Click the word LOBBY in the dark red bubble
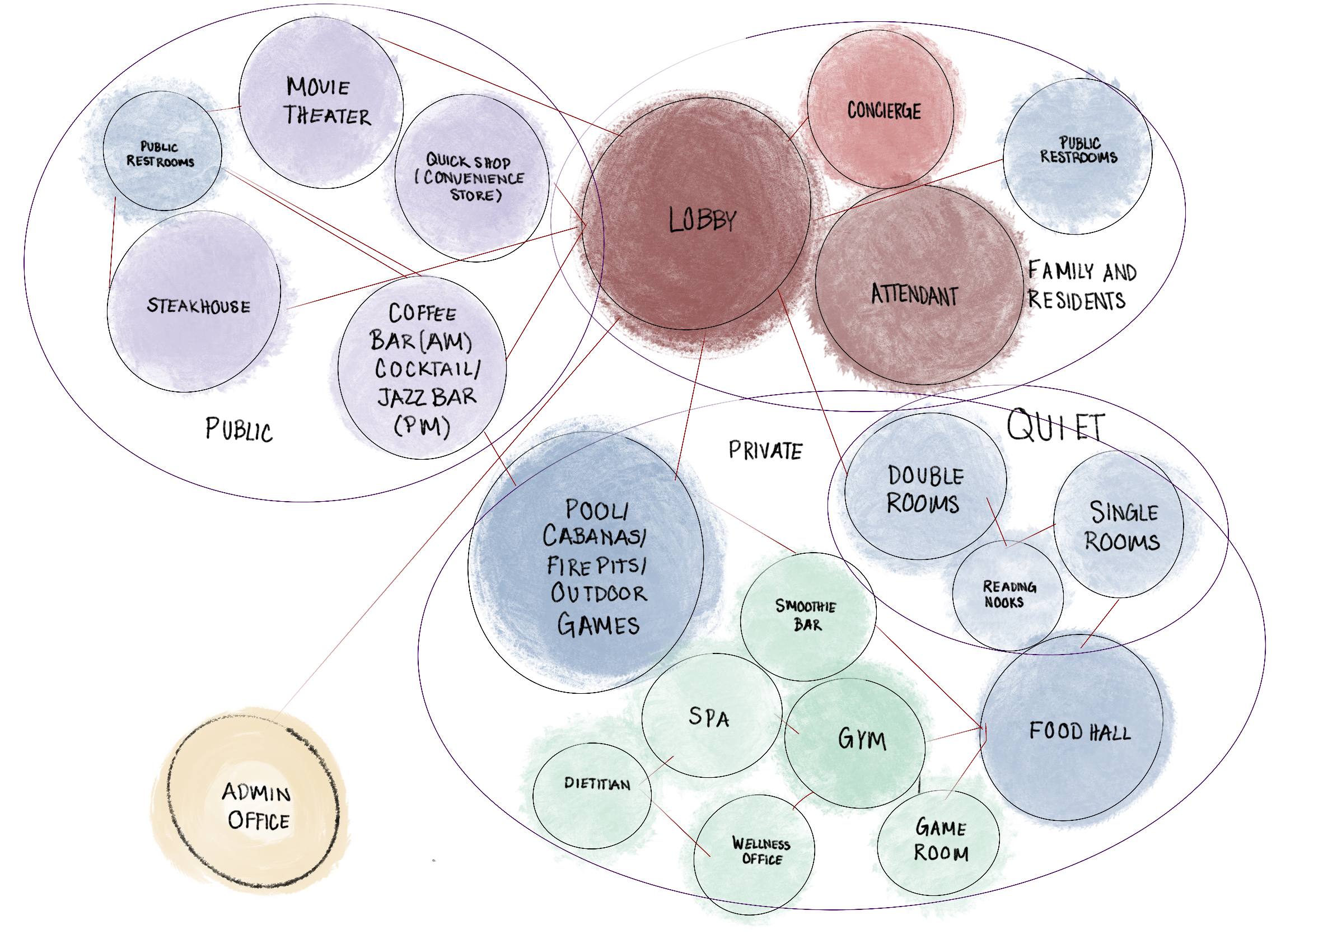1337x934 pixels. pyautogui.click(x=702, y=220)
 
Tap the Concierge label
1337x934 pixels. pyautogui.click(x=884, y=111)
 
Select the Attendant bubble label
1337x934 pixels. pyautogui.click(x=914, y=295)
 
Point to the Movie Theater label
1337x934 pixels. pyautogui.click(x=326, y=101)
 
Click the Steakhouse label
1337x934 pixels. pyautogui.click(x=199, y=306)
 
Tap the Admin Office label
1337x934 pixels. pyautogui.click(x=257, y=806)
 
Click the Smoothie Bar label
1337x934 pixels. pyautogui.click(x=806, y=615)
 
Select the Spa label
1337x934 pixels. pyautogui.click(x=709, y=717)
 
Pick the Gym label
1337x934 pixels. pyautogui.click(x=862, y=739)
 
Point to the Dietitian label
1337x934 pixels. pyautogui.click(x=597, y=783)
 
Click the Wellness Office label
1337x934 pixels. pyautogui.click(x=761, y=851)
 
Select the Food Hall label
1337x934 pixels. pyautogui.click(x=1079, y=731)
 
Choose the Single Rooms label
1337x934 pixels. pyautogui.click(x=1122, y=526)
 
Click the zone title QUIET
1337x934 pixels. pyautogui.click(x=1055, y=426)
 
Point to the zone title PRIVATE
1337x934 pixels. pyautogui.click(x=765, y=451)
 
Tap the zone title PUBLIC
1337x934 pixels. pyautogui.click(x=239, y=429)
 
